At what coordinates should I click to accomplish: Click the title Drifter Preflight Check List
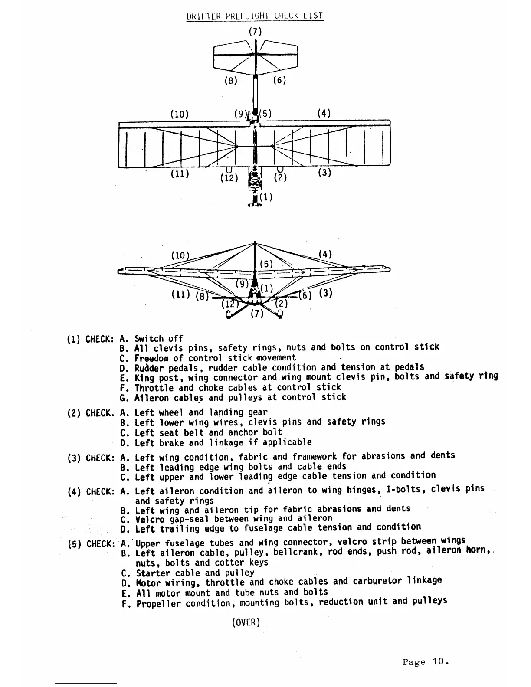point(255,16)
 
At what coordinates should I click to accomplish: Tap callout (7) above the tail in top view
point(255,31)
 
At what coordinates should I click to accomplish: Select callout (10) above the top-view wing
point(179,114)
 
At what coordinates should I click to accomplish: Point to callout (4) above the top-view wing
point(324,113)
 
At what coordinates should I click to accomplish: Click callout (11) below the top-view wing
point(179,174)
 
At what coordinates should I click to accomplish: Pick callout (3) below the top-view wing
point(324,172)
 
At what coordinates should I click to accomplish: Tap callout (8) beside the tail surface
point(230,80)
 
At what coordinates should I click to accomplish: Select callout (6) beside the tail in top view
point(279,80)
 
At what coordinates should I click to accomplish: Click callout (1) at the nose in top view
point(266,197)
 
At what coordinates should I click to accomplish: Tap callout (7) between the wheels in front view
point(257,314)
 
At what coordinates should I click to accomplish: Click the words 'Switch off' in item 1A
point(159,339)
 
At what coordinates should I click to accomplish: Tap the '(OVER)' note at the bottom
point(246,622)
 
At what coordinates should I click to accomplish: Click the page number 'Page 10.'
point(425,662)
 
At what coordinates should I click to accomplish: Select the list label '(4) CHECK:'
point(92,492)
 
